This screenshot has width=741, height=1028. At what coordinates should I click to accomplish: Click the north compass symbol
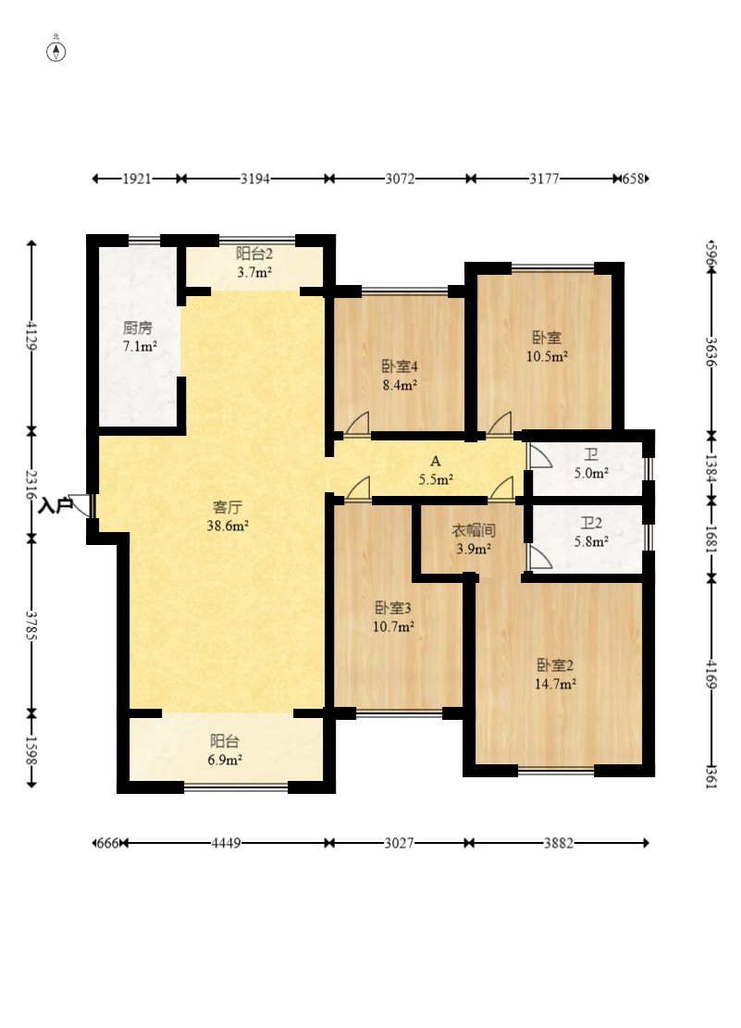pyautogui.click(x=56, y=51)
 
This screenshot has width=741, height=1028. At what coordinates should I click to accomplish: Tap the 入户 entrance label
pyautogui.click(x=56, y=505)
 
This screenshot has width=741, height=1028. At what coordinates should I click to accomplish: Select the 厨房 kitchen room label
pyautogui.click(x=138, y=328)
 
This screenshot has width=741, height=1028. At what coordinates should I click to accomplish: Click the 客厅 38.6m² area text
pyautogui.click(x=228, y=526)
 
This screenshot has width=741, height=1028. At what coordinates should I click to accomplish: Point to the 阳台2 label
pyautogui.click(x=253, y=253)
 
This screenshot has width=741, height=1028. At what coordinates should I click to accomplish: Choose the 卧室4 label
pyautogui.click(x=400, y=365)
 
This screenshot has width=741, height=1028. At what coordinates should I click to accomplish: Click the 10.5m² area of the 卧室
pyautogui.click(x=547, y=356)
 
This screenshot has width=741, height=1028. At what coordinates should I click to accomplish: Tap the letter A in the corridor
pyautogui.click(x=436, y=462)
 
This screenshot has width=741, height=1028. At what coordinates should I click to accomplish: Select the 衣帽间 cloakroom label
pyautogui.click(x=474, y=530)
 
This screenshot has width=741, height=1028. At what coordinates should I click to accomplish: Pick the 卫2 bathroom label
pyautogui.click(x=591, y=523)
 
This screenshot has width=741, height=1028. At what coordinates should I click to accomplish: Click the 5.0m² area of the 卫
pyautogui.click(x=591, y=473)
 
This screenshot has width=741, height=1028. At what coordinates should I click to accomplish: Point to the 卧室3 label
pyautogui.click(x=393, y=608)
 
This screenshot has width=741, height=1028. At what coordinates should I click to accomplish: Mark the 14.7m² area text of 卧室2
pyautogui.click(x=555, y=685)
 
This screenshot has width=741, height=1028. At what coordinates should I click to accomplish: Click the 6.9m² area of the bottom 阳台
pyautogui.click(x=225, y=761)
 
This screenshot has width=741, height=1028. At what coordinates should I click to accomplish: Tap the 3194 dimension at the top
pyautogui.click(x=254, y=179)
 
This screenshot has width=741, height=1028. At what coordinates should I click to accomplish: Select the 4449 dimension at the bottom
pyautogui.click(x=226, y=843)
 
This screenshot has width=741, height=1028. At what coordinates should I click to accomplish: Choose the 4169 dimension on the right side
pyautogui.click(x=711, y=675)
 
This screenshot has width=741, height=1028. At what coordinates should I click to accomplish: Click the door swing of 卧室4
pyautogui.click(x=358, y=424)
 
